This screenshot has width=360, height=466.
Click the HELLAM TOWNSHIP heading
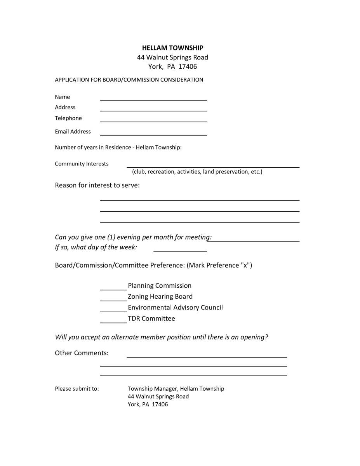point(172,48)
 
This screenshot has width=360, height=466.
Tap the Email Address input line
point(153,134)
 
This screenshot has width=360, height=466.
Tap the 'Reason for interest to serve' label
point(97,185)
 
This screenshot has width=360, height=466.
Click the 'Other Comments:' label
point(82,353)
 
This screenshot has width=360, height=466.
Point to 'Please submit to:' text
point(77,388)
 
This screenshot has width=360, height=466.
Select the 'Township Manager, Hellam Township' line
point(176,388)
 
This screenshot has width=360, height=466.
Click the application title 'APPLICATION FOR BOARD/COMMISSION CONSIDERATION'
point(129,80)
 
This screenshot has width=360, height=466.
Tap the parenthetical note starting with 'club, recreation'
point(197,172)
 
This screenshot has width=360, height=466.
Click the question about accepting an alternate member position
point(162,337)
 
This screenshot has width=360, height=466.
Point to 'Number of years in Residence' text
point(118,148)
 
